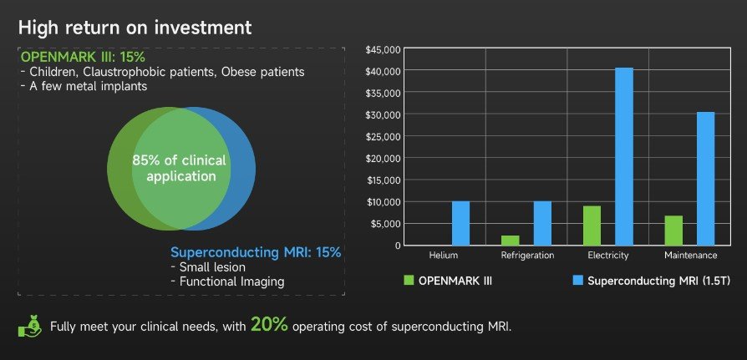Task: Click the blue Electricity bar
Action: point(624,156)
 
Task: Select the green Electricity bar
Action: point(592,226)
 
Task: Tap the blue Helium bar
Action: point(460,223)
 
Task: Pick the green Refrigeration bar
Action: point(510,241)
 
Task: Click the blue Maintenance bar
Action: point(706,178)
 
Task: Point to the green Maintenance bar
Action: point(673,231)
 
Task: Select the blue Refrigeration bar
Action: point(542,223)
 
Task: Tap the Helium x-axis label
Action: point(443,256)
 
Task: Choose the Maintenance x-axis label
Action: point(689,256)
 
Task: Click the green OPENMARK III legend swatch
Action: point(409,281)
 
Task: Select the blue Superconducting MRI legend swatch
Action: point(577,281)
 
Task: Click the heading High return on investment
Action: point(135,27)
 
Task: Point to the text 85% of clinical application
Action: point(180,168)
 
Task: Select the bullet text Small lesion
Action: point(212,267)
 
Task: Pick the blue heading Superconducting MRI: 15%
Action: point(256,252)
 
